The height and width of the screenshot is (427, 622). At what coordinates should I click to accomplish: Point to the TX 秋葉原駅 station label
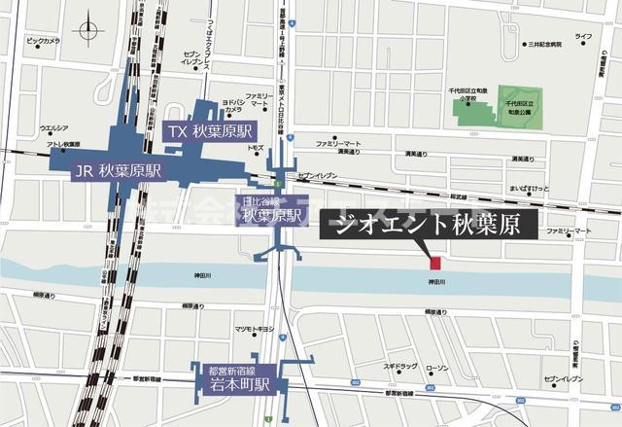point(210,131)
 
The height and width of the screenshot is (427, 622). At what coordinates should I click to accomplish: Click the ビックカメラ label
point(43,41)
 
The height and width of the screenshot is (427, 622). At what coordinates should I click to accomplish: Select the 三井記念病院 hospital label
point(546,45)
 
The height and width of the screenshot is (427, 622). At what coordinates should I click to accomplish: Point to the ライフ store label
point(583,36)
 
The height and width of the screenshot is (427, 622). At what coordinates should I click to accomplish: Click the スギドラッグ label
point(399,367)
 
